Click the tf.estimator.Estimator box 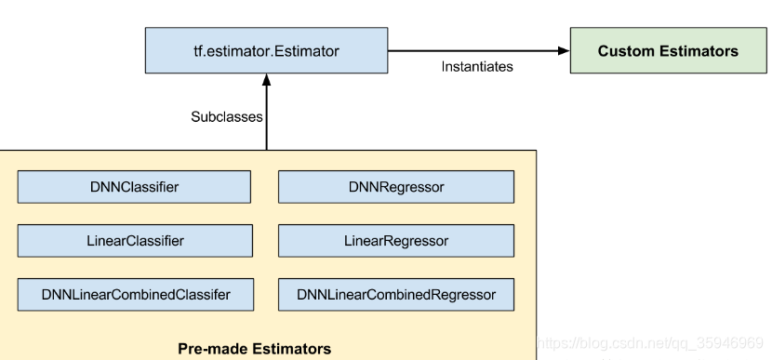pyautogui.click(x=266, y=50)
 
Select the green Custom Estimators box pyautogui.click(x=668, y=51)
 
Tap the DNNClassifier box pyautogui.click(x=134, y=187)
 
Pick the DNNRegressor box pyautogui.click(x=395, y=187)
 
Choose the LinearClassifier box pyautogui.click(x=134, y=241)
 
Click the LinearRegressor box pyautogui.click(x=395, y=241)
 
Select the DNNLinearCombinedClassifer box pyautogui.click(x=134, y=295)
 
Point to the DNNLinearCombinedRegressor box pyautogui.click(x=395, y=295)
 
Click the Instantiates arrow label pyautogui.click(x=476, y=67)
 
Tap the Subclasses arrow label pyautogui.click(x=227, y=117)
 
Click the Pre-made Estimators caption pyautogui.click(x=254, y=349)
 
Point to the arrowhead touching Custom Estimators pyautogui.click(x=562, y=50)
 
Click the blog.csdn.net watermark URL pyautogui.click(x=652, y=343)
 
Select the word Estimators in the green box pyautogui.click(x=698, y=51)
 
